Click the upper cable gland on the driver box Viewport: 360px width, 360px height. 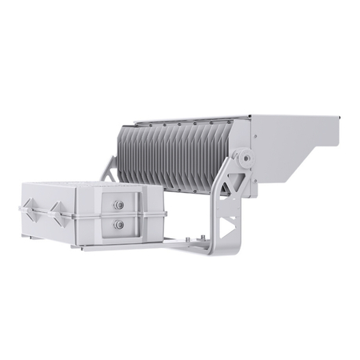119,205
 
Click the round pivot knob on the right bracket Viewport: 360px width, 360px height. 247,159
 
